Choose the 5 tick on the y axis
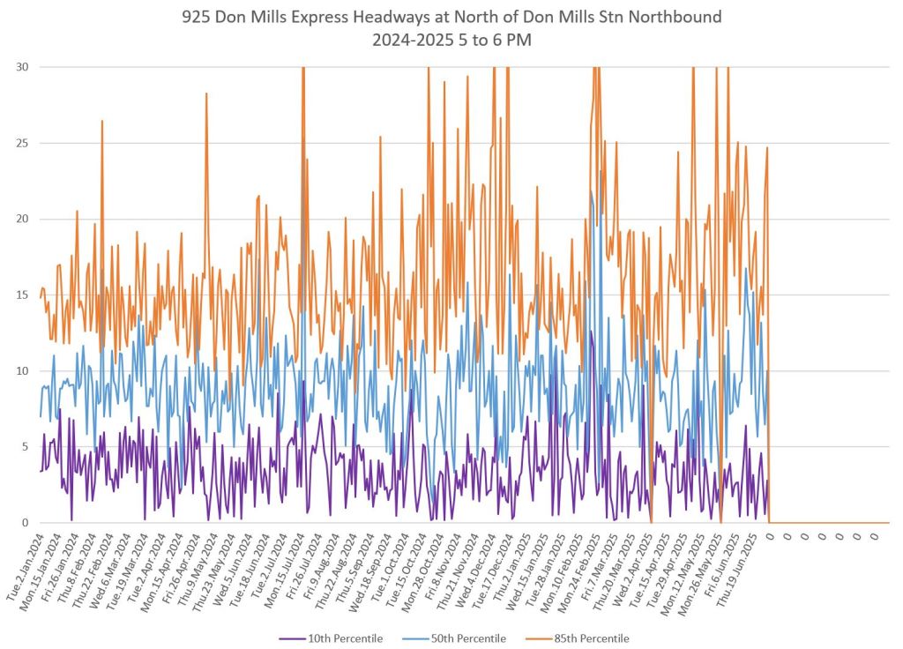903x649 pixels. point(26,447)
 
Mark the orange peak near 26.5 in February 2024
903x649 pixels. point(102,121)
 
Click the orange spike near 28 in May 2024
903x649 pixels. point(206,93)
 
